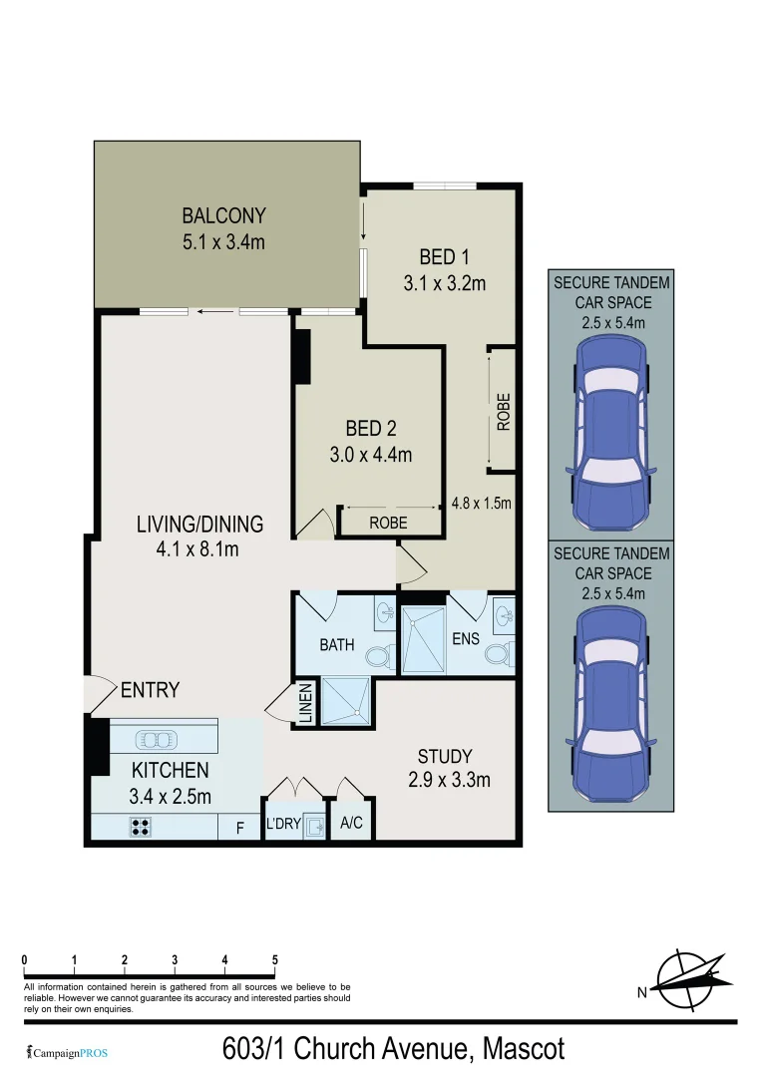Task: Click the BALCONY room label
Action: [x=223, y=215]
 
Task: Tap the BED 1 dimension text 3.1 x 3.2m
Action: [x=444, y=283]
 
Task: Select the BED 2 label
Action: [x=371, y=429]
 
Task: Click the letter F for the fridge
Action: [x=238, y=827]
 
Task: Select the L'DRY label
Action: [x=283, y=825]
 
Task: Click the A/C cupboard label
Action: [x=351, y=825]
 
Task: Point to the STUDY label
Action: [x=445, y=756]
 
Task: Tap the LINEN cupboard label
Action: [x=306, y=703]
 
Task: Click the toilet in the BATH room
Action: [x=377, y=657]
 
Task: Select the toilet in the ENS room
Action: [x=496, y=655]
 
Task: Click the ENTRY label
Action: [x=150, y=690]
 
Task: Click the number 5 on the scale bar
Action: [x=275, y=960]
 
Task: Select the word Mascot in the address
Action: [x=524, y=1049]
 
